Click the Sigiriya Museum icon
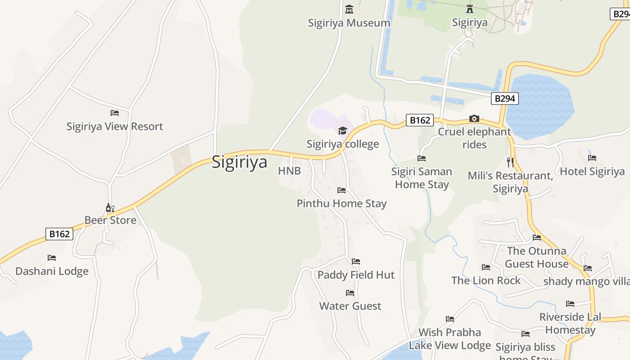(349, 9)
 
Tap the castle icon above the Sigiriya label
(470, 9)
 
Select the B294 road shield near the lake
(504, 99)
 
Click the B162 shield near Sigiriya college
(419, 120)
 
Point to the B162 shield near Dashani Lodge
(59, 234)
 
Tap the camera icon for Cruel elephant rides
(474, 118)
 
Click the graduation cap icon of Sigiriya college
(343, 131)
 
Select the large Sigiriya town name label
(239, 162)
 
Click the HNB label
(289, 171)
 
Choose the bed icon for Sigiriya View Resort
(115, 113)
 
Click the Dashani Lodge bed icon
(52, 258)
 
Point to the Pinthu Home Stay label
(342, 203)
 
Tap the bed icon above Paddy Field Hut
(356, 261)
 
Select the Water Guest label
(350, 306)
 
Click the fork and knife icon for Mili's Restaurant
(510, 162)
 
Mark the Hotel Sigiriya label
(592, 171)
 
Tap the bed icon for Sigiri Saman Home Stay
(422, 158)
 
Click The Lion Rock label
(486, 280)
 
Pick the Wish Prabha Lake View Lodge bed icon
(450, 319)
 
